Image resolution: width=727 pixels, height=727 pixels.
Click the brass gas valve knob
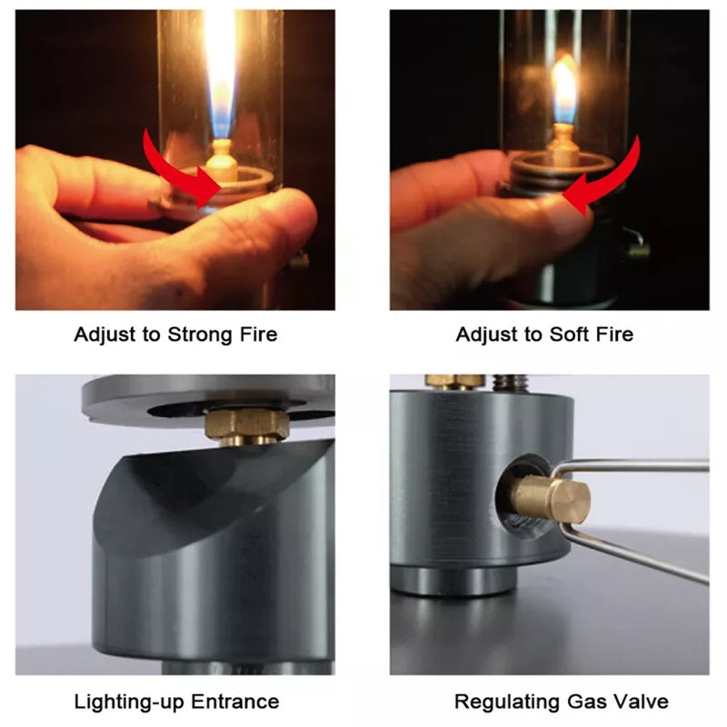tap(551, 499)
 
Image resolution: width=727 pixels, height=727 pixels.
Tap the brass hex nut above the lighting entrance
tap(241, 424)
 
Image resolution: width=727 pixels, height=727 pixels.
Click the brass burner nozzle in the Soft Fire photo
tap(564, 145)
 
